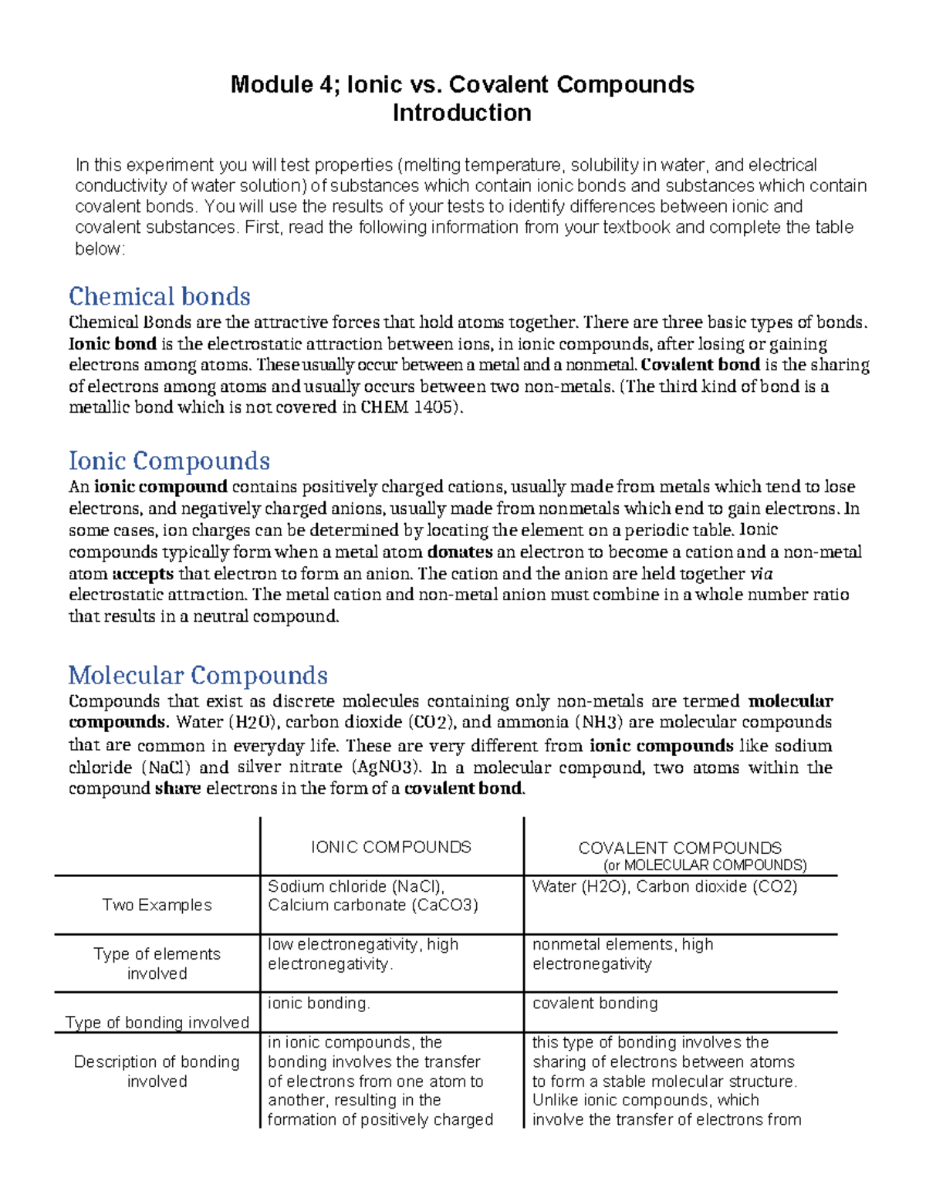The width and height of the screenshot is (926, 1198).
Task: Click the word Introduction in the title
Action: pyautogui.click(x=461, y=113)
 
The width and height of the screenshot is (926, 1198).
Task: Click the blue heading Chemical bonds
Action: pyautogui.click(x=159, y=296)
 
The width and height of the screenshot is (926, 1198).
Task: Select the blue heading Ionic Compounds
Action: pyautogui.click(x=169, y=461)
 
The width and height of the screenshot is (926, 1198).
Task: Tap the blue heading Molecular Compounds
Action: pyautogui.click(x=198, y=675)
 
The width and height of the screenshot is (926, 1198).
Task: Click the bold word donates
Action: pyautogui.click(x=459, y=552)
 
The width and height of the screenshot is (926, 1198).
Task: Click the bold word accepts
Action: pyautogui.click(x=143, y=574)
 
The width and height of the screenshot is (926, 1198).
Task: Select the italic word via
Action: pyautogui.click(x=761, y=574)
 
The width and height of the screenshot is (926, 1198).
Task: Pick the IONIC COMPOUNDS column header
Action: pyautogui.click(x=390, y=847)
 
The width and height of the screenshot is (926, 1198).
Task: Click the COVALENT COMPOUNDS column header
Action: pyautogui.click(x=679, y=848)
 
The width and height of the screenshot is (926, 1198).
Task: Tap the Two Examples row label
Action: pyautogui.click(x=157, y=905)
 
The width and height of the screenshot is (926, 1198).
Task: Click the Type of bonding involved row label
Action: pyautogui.click(x=157, y=1022)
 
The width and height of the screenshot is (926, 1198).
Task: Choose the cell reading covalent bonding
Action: pyautogui.click(x=594, y=1003)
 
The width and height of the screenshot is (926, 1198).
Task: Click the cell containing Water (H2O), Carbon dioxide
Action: pyautogui.click(x=664, y=886)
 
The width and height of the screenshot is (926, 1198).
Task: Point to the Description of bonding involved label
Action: pyautogui.click(x=157, y=1071)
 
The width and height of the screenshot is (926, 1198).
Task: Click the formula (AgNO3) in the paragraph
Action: pyautogui.click(x=387, y=767)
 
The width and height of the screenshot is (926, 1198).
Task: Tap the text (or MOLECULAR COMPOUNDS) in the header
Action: pyautogui.click(x=705, y=865)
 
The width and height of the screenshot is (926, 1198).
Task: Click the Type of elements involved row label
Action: pyautogui.click(x=157, y=963)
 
